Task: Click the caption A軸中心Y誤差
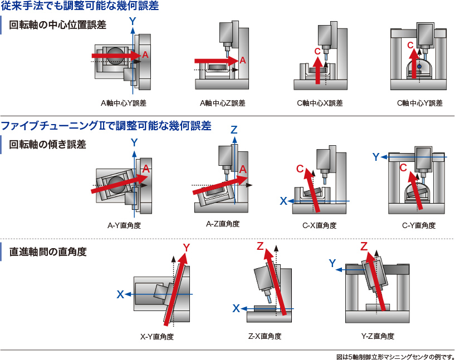tap(123, 103)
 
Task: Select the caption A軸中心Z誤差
tap(222, 103)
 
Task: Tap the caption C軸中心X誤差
tap(320, 103)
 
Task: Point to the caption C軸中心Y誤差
tap(419, 103)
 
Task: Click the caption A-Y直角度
tap(124, 226)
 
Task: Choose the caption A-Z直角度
tap(223, 224)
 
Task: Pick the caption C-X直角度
tap(320, 226)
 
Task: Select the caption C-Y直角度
tap(419, 226)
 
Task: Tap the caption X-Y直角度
tap(157, 337)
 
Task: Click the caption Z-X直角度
tap(265, 336)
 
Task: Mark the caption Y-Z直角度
tap(378, 336)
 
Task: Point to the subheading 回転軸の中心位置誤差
tap(57, 25)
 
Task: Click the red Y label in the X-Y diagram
tap(187, 247)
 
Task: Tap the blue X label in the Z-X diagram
tap(236, 308)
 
